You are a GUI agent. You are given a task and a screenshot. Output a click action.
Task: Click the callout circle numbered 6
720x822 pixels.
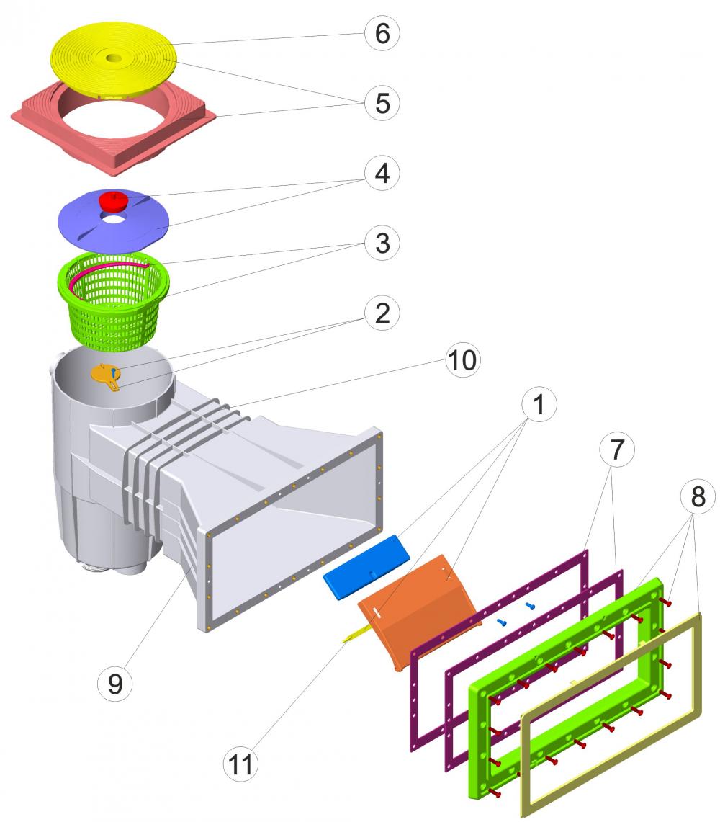pyautogui.click(x=382, y=34)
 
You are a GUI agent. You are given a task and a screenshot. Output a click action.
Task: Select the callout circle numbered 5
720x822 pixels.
pyautogui.click(x=382, y=103)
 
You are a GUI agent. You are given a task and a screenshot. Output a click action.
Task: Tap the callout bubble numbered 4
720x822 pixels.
pyautogui.click(x=382, y=173)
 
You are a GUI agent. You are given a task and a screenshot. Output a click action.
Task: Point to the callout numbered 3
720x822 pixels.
pyautogui.click(x=382, y=243)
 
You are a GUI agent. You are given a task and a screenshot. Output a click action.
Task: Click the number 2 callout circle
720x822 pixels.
pyautogui.click(x=382, y=312)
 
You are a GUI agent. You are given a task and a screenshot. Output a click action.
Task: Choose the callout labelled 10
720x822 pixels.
pyautogui.click(x=461, y=360)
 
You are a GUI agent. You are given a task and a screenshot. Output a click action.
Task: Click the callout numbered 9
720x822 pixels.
pyautogui.click(x=115, y=683)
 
